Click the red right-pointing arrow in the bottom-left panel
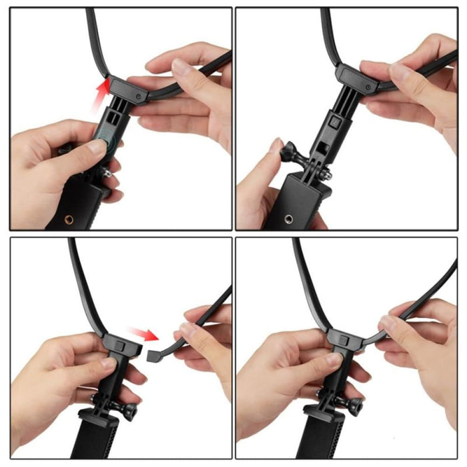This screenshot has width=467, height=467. point(141,333)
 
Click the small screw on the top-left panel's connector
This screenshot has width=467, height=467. point(137,96)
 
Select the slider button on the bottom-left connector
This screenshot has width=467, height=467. point(118,345)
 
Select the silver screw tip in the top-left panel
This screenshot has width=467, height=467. point(106,175)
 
